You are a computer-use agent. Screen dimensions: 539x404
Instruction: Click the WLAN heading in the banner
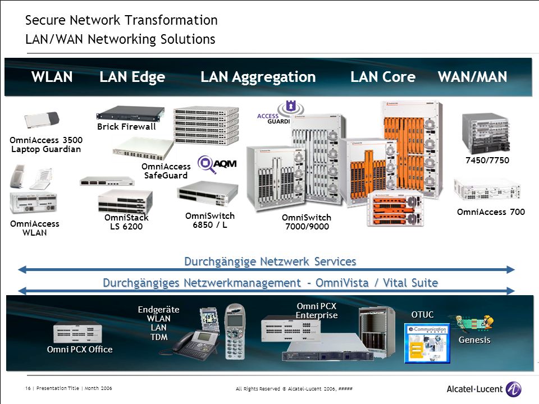click(52, 77)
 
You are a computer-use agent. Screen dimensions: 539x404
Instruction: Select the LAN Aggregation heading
click(258, 77)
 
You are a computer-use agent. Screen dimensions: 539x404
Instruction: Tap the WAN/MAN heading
click(472, 77)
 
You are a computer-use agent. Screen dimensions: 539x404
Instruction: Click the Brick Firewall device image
click(130, 114)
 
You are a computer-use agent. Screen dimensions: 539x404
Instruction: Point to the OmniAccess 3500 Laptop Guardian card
click(42, 120)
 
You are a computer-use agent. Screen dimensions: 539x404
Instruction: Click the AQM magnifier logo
click(205, 164)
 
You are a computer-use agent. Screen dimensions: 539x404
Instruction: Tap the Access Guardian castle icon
click(291, 107)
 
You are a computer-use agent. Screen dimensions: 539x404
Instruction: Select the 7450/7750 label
click(487, 160)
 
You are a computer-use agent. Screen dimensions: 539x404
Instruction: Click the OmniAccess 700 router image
click(487, 189)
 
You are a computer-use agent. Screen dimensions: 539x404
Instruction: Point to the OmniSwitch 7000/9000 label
click(307, 222)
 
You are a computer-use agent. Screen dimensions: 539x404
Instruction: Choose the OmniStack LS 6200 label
click(126, 222)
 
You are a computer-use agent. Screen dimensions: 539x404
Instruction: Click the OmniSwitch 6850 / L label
click(209, 220)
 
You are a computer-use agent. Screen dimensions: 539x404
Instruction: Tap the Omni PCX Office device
click(77, 333)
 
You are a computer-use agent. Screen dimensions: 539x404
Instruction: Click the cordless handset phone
click(235, 332)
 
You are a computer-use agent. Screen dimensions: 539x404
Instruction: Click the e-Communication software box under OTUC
click(427, 343)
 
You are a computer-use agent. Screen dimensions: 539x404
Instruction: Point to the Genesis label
click(474, 340)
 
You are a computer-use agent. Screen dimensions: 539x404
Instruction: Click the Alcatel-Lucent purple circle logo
click(514, 389)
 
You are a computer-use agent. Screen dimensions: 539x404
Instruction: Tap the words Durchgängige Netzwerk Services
click(270, 261)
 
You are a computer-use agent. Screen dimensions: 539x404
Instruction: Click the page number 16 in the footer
click(28, 388)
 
